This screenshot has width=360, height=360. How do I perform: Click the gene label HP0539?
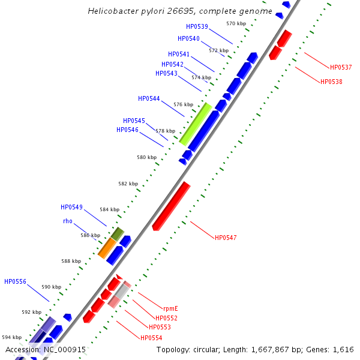[x=197, y=26]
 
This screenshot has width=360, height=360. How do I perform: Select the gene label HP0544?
[x=149, y=98]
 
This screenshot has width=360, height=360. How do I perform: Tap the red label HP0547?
[x=226, y=238]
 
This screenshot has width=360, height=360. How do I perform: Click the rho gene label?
[x=68, y=221]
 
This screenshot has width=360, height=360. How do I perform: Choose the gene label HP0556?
[x=15, y=281]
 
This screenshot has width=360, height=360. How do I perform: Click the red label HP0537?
[x=341, y=67]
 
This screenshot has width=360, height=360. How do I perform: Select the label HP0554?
[x=151, y=338]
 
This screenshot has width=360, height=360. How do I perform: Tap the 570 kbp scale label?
[x=236, y=23]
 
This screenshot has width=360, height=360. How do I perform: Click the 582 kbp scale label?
[x=128, y=184]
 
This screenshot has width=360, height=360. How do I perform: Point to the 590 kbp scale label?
[x=51, y=287]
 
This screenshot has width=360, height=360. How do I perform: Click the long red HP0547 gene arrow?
[x=171, y=206]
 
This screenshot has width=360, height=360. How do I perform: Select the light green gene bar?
[x=196, y=124]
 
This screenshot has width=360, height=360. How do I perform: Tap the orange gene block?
[x=106, y=248]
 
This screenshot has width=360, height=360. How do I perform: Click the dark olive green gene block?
[x=118, y=233]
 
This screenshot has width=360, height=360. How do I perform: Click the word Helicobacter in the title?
[x=116, y=11]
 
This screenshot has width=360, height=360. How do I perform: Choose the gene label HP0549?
[x=71, y=207]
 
